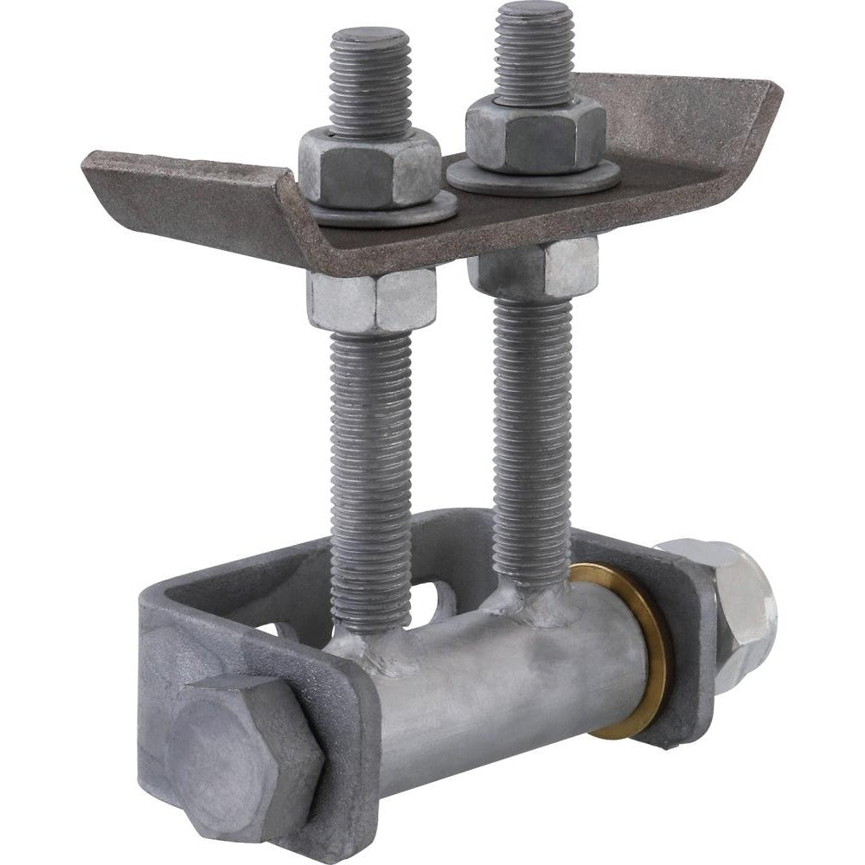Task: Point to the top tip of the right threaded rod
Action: [x=533, y=12]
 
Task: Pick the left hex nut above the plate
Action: [x=369, y=171]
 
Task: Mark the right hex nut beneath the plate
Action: [x=534, y=267]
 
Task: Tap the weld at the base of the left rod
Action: [x=363, y=644]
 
